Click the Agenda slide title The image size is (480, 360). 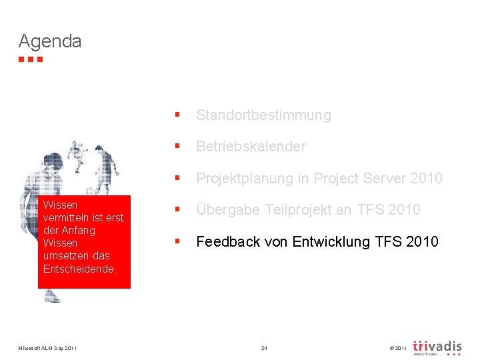pyautogui.click(x=50, y=41)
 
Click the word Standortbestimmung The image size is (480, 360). pyautogui.click(x=263, y=115)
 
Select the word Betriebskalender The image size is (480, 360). pyautogui.click(x=251, y=147)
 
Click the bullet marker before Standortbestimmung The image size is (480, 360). pyautogui.click(x=177, y=115)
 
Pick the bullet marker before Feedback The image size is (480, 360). pyautogui.click(x=177, y=241)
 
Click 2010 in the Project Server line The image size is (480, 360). pyautogui.click(x=427, y=179)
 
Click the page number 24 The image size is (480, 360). pyautogui.click(x=264, y=348)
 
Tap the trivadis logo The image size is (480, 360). pyautogui.click(x=437, y=347)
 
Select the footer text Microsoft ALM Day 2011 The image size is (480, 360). pyautogui.click(x=47, y=348)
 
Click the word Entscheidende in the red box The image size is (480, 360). pyautogui.click(x=79, y=269)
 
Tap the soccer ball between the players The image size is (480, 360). pyautogui.click(x=89, y=191)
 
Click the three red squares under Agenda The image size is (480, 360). pyautogui.click(x=31, y=59)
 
